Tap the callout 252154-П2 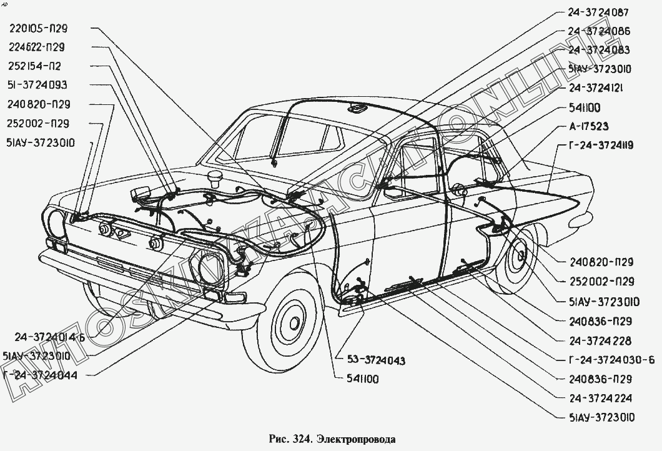[x=34, y=66]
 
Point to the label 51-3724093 [x=37, y=85]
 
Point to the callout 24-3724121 [x=598, y=88]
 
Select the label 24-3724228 [x=600, y=341]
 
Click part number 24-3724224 [x=600, y=398]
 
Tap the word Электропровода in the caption [x=357, y=439]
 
